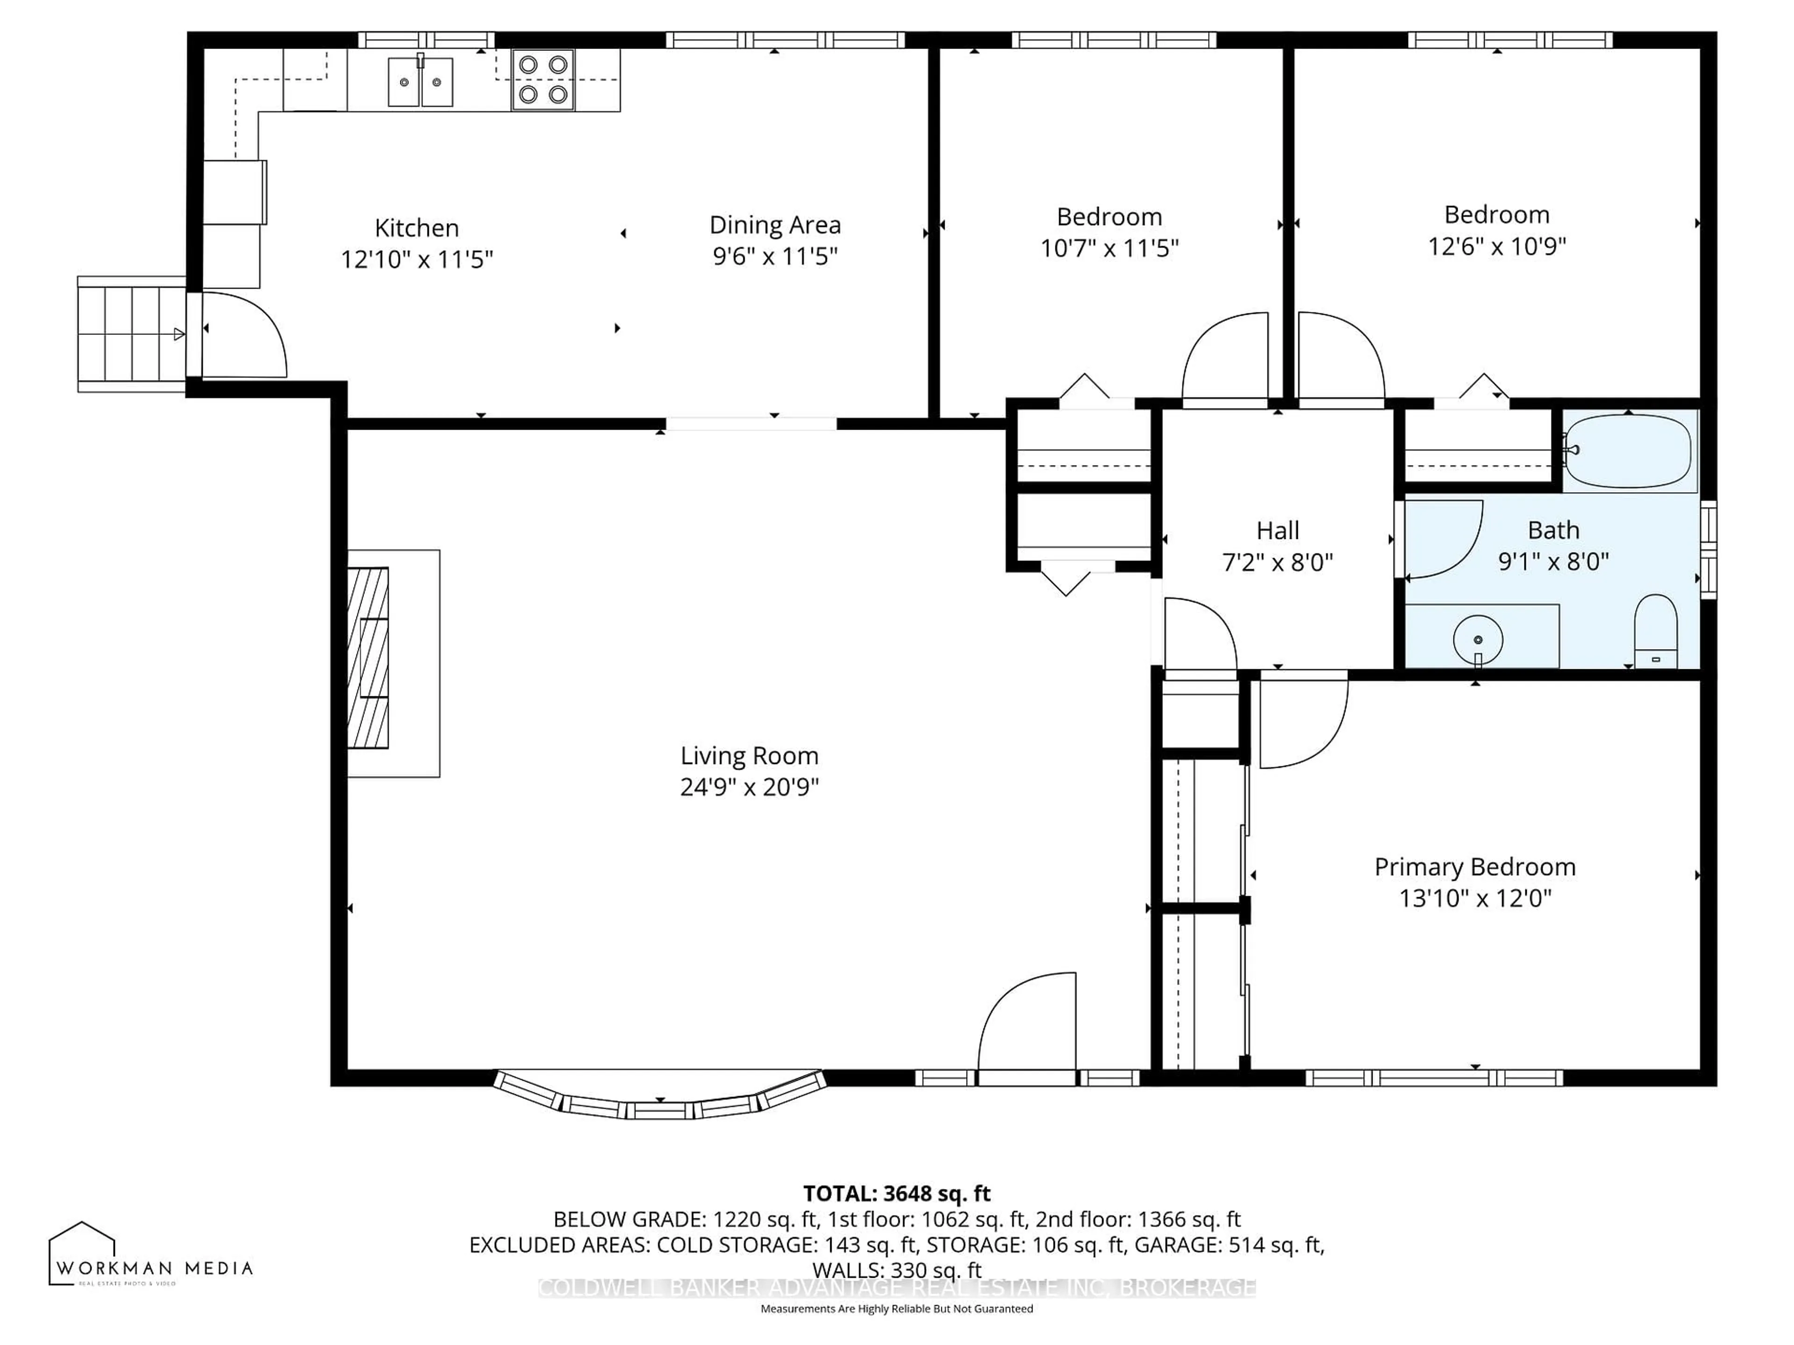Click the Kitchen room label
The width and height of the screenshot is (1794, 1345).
tap(416, 228)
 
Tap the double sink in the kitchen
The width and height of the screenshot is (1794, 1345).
tap(420, 81)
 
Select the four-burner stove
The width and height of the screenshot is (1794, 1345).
tap(542, 79)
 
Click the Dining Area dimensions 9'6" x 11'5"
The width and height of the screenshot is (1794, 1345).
tap(775, 256)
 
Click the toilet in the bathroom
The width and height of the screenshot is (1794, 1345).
tap(1654, 631)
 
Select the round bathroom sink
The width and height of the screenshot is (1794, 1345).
tap(1478, 640)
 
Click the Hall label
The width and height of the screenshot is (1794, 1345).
tap(1277, 531)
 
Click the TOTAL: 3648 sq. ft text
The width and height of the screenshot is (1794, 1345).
tap(896, 1193)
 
